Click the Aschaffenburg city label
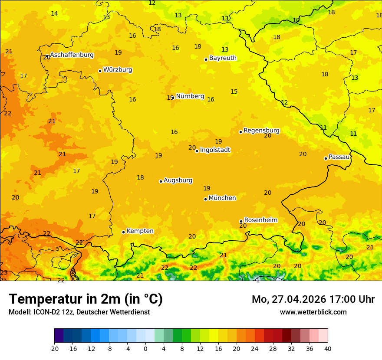72,55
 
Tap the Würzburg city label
118,70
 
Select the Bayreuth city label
223,58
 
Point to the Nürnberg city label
190,96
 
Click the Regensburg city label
261,131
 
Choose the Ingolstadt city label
215,150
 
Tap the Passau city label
339,157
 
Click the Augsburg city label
178,180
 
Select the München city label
222,198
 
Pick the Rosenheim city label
260,220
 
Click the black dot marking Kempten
123,232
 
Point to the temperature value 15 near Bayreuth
234,92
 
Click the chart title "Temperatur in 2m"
86,299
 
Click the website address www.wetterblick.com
313,312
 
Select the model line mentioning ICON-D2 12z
79,312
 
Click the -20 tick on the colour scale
54,348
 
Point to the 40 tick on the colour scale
328,348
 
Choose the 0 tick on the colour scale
145,348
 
